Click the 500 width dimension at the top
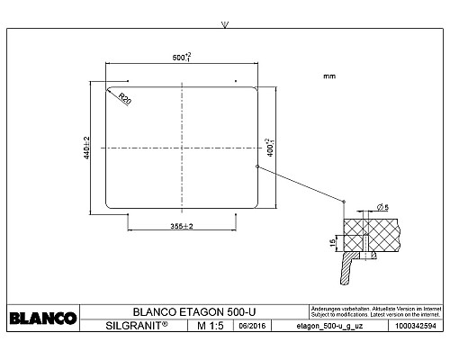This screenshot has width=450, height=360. click(181, 58)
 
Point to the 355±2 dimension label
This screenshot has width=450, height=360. click(181, 226)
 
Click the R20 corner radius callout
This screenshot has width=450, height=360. click(124, 98)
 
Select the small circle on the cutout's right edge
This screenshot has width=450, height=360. click(257, 166)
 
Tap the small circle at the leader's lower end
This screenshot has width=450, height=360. click(345, 200)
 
